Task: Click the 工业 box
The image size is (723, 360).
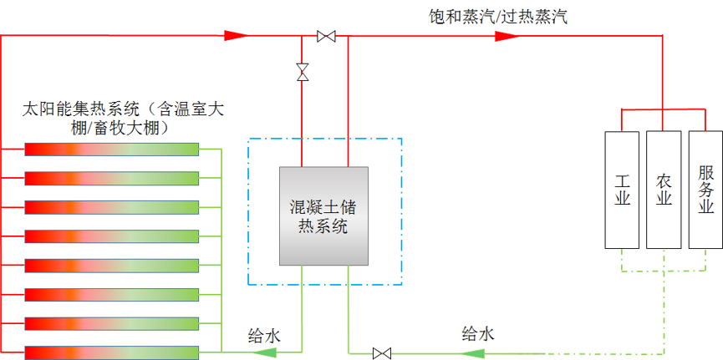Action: click(x=621, y=190)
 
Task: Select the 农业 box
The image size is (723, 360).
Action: click(x=664, y=190)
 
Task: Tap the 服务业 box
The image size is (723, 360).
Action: click(x=705, y=190)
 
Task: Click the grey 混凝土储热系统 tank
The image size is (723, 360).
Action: click(x=323, y=215)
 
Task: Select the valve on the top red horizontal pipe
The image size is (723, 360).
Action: click(x=326, y=36)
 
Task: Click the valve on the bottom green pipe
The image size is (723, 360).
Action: click(x=382, y=352)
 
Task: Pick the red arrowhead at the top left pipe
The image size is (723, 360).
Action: click(x=237, y=36)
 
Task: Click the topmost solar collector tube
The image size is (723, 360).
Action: click(x=111, y=150)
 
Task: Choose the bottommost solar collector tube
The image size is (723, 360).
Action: click(x=111, y=352)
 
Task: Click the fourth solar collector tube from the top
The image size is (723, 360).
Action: click(x=111, y=236)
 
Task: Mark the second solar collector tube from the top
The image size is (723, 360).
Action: click(x=111, y=178)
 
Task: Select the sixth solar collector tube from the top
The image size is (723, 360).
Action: click(x=111, y=294)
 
